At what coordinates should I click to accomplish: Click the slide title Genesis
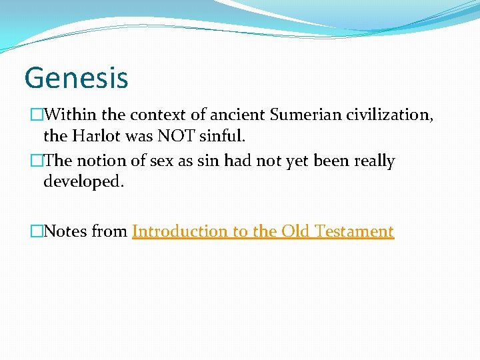point(76,77)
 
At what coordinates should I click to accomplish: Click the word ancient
point(239,116)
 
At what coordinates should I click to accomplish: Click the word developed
point(83,182)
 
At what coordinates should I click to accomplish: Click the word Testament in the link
point(354,231)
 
